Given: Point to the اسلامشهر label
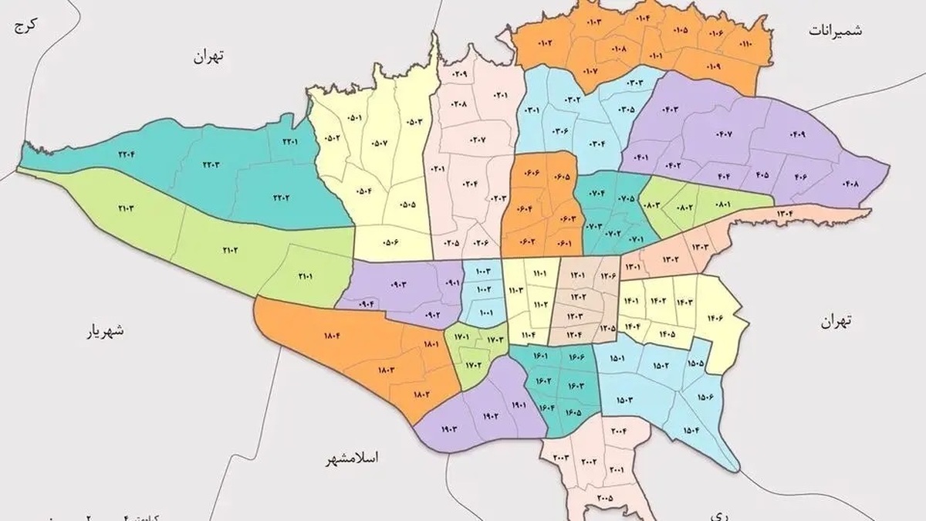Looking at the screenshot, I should click(354, 457).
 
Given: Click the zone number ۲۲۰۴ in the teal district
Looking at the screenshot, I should click(126, 153).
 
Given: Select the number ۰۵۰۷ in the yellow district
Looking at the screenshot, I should click(380, 144).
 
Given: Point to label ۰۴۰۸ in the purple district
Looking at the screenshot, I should click(851, 184).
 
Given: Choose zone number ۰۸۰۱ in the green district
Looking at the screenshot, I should click(722, 205).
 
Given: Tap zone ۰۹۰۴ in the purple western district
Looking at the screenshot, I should click(364, 303).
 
